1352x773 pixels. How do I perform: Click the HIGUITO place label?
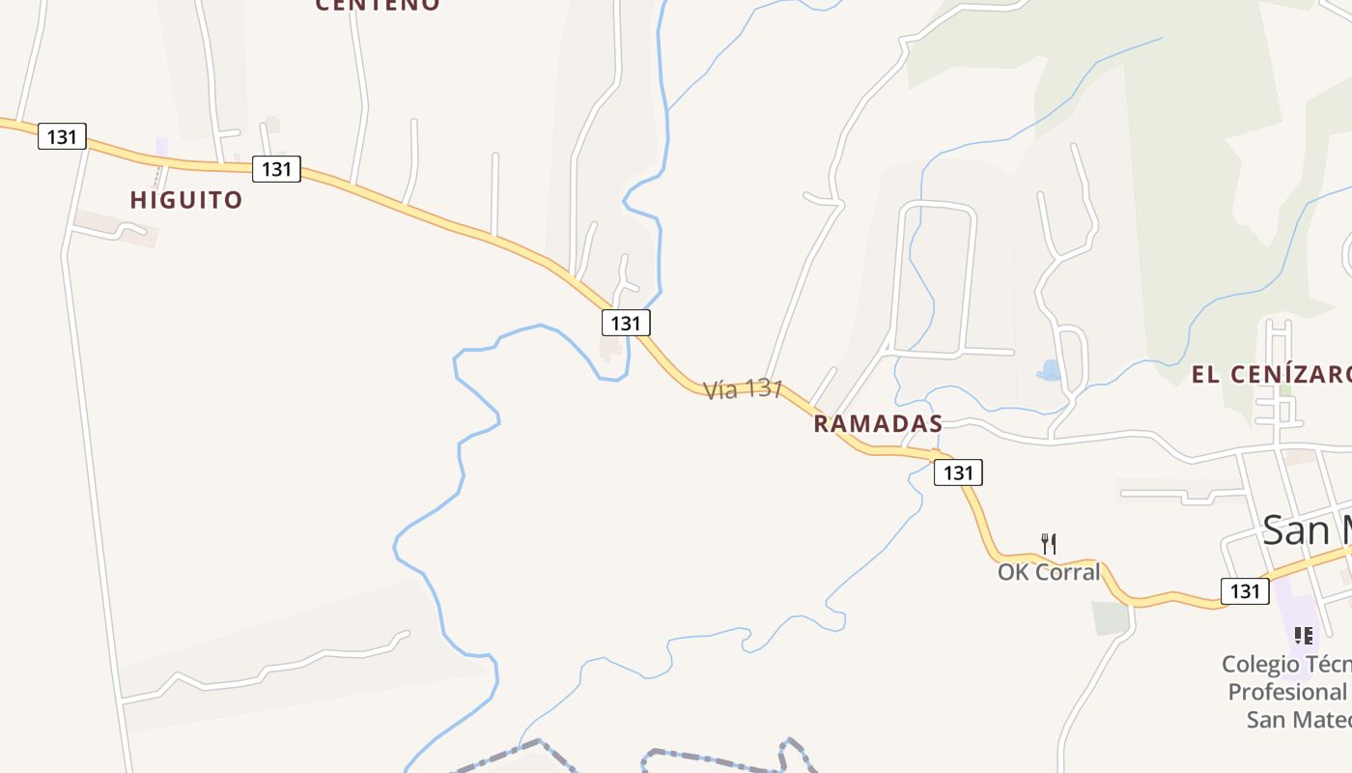pos(186,200)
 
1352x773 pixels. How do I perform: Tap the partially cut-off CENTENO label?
pos(378,5)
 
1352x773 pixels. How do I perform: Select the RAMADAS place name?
pos(878,423)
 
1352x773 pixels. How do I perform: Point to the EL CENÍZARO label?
pos(1270,375)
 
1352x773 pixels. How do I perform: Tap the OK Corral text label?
pos(1049,572)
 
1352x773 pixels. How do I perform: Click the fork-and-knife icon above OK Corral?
pos(1049,544)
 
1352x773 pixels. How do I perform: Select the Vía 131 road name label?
pos(743,389)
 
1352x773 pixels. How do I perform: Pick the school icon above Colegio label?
pos(1304,636)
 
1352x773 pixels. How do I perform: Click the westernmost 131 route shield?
pos(62,136)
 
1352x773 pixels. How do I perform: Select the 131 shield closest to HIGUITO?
pos(276,169)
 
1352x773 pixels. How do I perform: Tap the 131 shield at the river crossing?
pos(626,323)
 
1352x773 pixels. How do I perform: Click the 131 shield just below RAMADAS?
pos(958,472)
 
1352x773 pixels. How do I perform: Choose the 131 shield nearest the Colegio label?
pos(1245,590)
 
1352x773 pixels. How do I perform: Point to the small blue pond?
pos(1049,370)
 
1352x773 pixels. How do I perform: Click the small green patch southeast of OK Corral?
pos(1111,618)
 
